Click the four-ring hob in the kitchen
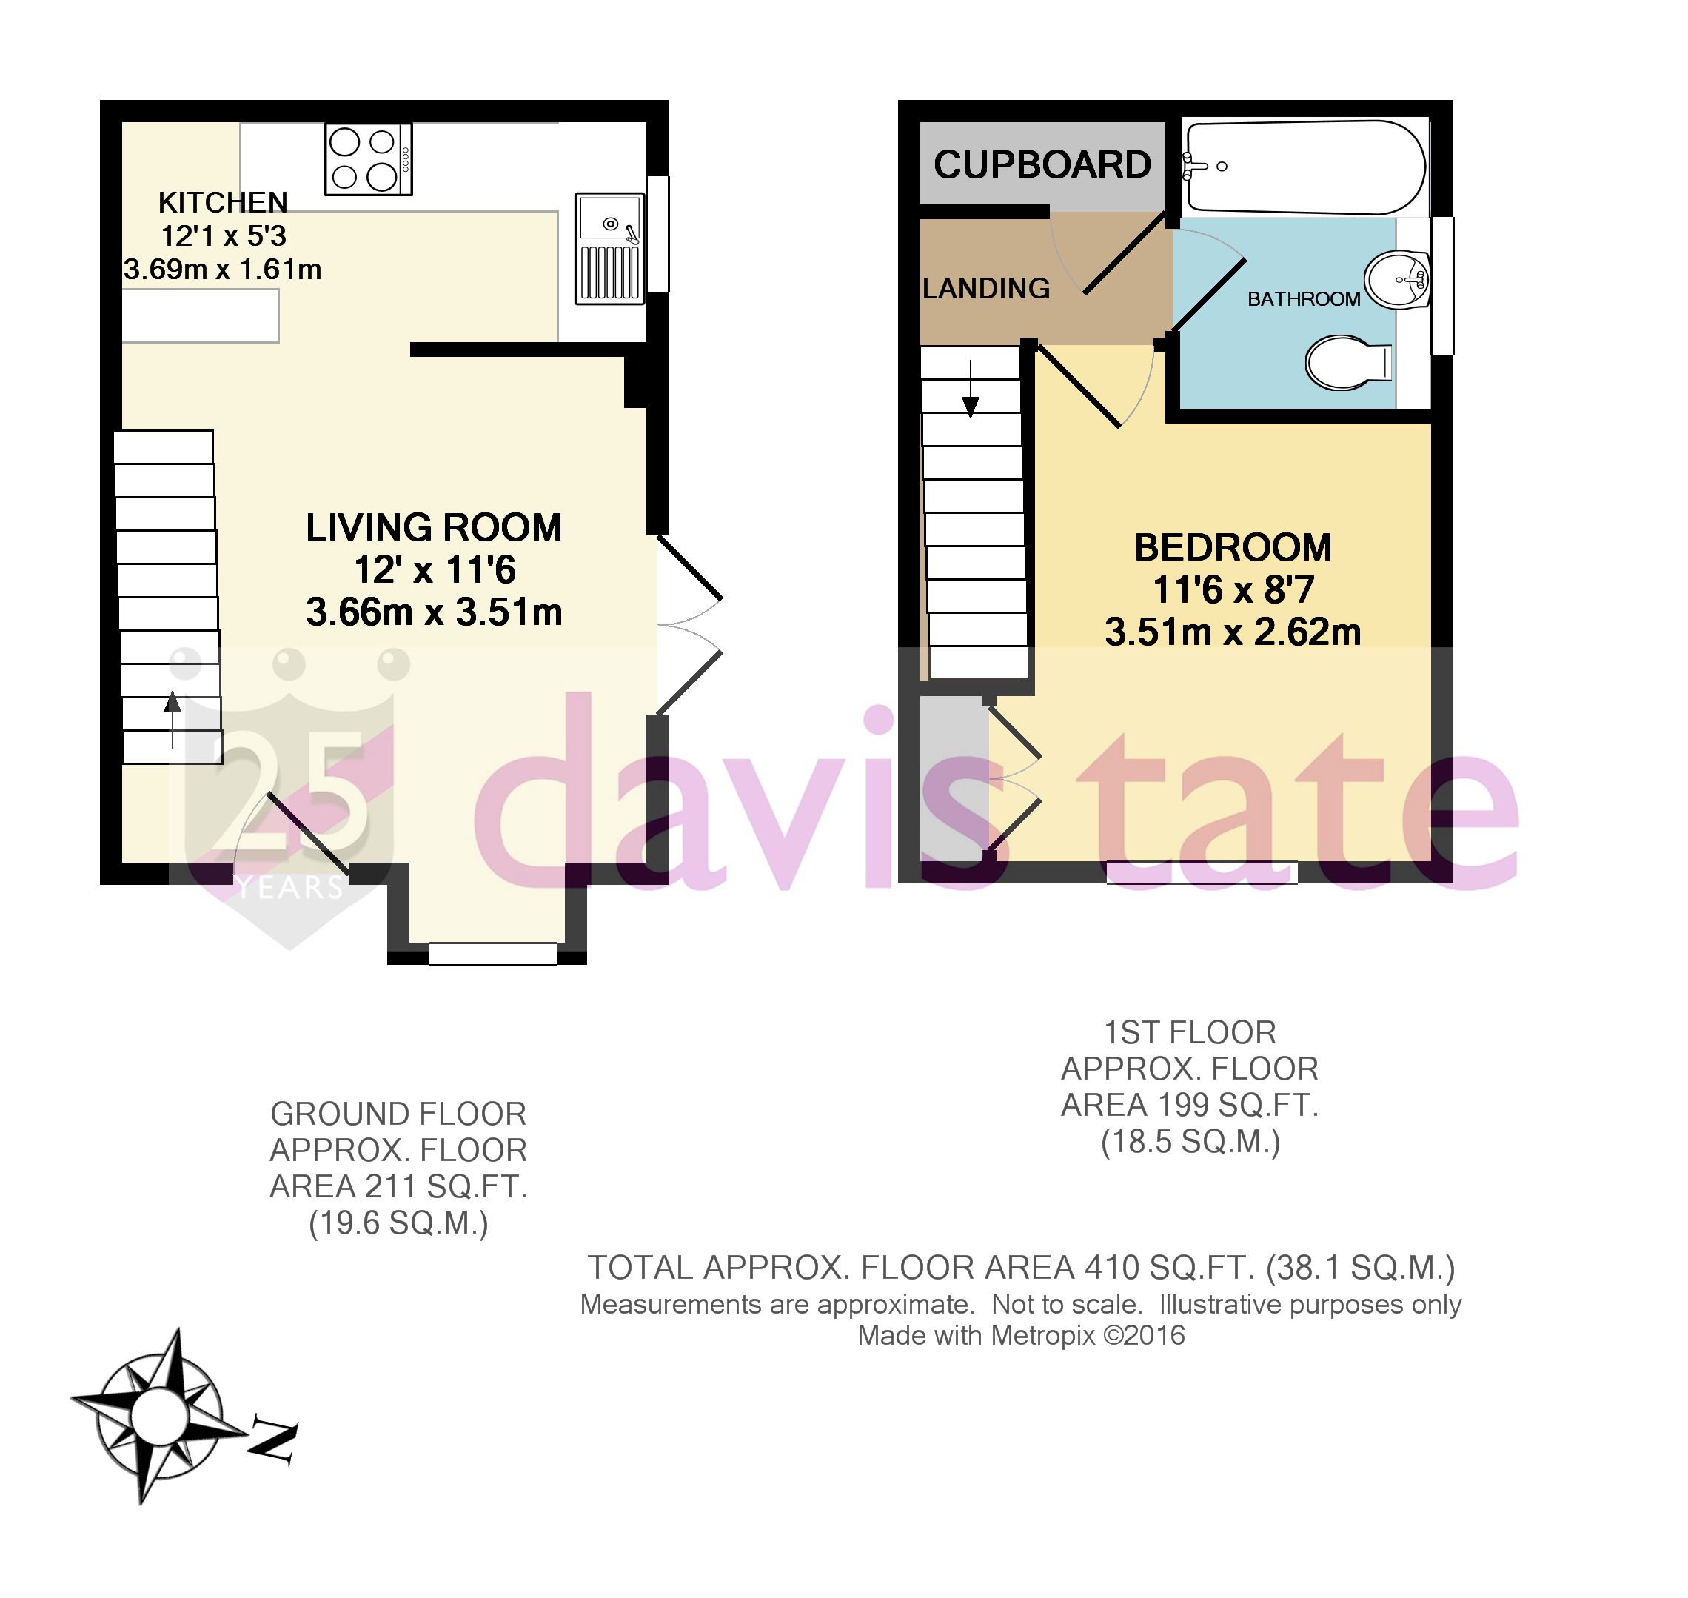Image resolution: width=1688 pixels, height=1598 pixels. click(368, 159)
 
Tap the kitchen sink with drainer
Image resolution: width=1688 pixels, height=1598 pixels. click(609, 248)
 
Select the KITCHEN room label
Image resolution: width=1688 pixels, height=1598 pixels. click(223, 203)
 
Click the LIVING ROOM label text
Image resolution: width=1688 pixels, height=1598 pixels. click(434, 527)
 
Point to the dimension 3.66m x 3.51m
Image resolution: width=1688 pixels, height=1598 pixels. click(434, 612)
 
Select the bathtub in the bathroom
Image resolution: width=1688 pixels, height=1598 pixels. click(1304, 167)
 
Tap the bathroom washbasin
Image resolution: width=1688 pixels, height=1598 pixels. click(1398, 279)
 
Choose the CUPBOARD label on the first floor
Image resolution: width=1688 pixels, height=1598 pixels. click(1042, 164)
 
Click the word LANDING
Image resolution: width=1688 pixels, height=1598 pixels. click(985, 289)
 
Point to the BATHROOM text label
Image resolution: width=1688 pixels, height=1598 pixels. click(1303, 299)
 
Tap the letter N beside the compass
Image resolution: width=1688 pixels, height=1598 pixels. click(272, 1441)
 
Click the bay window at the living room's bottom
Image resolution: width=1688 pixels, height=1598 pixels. click(492, 953)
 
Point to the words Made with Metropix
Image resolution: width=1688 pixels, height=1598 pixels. click(975, 1336)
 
